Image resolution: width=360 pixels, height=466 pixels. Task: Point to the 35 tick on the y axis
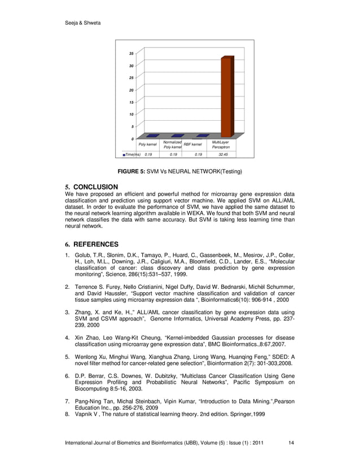click(131, 54)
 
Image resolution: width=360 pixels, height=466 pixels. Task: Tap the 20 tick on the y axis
click(131, 90)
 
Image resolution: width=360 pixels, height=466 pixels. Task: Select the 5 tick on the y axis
click(132, 126)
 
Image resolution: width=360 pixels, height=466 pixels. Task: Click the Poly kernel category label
click(147, 145)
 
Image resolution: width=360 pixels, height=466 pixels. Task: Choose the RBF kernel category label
click(192, 144)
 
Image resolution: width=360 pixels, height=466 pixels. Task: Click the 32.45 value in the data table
click(223, 154)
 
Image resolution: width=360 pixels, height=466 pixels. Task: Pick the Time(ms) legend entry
click(131, 154)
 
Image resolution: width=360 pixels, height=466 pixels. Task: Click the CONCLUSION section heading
click(95, 187)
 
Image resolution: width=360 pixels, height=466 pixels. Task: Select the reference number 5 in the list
click(67, 357)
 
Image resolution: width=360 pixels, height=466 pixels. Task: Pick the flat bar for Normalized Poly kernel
click(177, 135)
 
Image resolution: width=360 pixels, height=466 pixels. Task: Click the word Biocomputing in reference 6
click(94, 389)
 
